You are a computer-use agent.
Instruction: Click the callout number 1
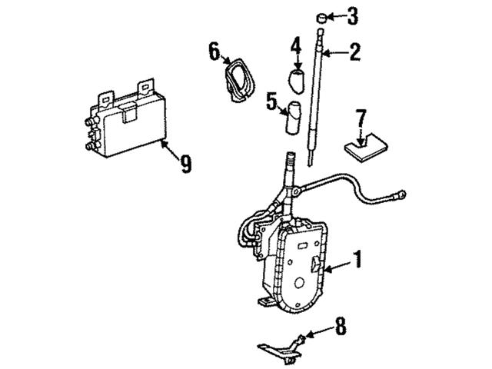pyautogui.click(x=356, y=259)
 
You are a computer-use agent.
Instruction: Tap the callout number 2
pyautogui.click(x=355, y=52)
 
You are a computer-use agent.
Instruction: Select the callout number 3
pyautogui.click(x=352, y=16)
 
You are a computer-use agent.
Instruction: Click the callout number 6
pyautogui.click(x=214, y=52)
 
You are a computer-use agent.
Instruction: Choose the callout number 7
pyautogui.click(x=361, y=118)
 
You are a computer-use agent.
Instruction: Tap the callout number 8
pyautogui.click(x=341, y=326)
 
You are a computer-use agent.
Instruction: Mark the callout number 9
pyautogui.click(x=186, y=164)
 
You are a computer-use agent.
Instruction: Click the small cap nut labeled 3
pyautogui.click(x=321, y=18)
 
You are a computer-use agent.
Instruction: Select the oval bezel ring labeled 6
pyautogui.click(x=238, y=80)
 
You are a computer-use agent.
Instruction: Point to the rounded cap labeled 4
pyautogui.click(x=297, y=81)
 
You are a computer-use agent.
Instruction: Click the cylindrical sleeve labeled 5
pyautogui.click(x=292, y=118)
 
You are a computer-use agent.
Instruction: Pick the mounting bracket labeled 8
pyautogui.click(x=281, y=349)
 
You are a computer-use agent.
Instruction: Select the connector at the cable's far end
pyautogui.click(x=401, y=194)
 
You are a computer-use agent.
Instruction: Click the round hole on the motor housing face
pyautogui.click(x=300, y=283)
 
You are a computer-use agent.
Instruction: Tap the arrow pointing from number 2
pyautogui.click(x=335, y=53)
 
